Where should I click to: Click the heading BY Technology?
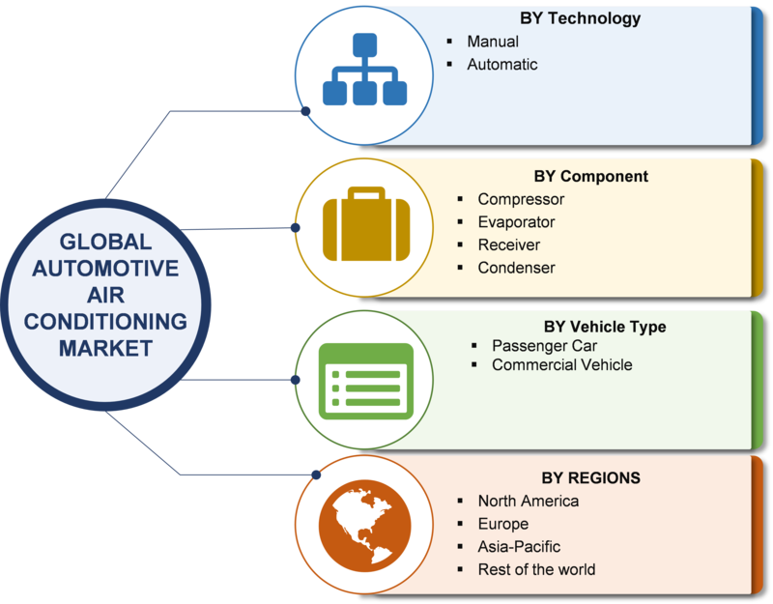click(x=581, y=18)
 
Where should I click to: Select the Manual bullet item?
click(x=493, y=42)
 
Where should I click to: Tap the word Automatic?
click(x=501, y=64)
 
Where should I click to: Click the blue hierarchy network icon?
click(x=365, y=69)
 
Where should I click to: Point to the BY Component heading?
click(x=590, y=176)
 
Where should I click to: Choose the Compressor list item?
click(x=521, y=199)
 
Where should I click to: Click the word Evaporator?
click(x=516, y=222)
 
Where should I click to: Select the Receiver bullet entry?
click(x=509, y=244)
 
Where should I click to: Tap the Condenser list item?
click(x=516, y=268)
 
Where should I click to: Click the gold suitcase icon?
click(x=366, y=224)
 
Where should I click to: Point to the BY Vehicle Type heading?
click(x=605, y=327)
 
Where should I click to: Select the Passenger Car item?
click(x=544, y=346)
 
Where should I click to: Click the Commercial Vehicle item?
click(x=562, y=365)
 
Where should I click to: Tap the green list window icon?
click(x=366, y=381)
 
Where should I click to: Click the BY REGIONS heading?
click(x=590, y=477)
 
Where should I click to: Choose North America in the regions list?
click(x=528, y=501)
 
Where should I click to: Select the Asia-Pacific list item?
click(x=519, y=546)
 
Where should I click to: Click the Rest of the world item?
click(x=536, y=569)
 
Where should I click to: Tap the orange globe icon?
click(x=365, y=526)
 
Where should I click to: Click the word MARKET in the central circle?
click(x=105, y=348)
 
